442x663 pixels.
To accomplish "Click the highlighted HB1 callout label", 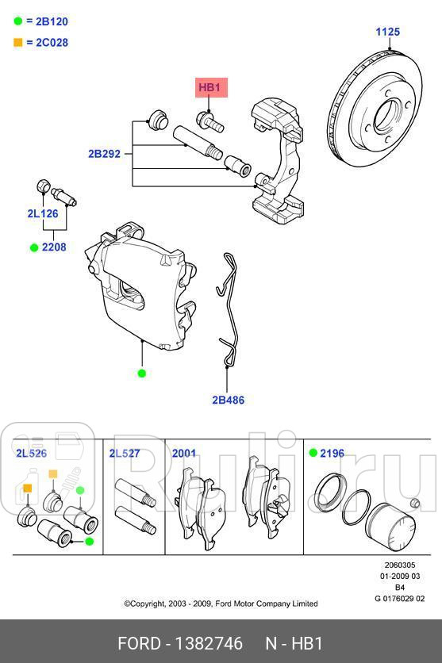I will [x=211, y=88].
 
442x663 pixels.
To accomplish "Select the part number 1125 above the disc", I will [x=387, y=33].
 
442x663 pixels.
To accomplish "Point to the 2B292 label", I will [x=104, y=154].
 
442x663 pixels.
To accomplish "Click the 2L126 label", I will [x=43, y=213].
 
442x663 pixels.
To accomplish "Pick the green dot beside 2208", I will [x=34, y=247].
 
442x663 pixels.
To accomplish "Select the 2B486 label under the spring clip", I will [x=228, y=400].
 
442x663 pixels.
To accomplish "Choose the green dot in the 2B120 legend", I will [x=17, y=22].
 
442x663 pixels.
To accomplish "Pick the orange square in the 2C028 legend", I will [x=17, y=42].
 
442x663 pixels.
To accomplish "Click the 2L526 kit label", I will [x=31, y=454].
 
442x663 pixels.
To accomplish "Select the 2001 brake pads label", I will [x=184, y=454].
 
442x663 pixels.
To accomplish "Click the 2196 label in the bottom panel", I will [x=332, y=454].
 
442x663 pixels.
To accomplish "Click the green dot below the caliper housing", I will [x=142, y=373].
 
